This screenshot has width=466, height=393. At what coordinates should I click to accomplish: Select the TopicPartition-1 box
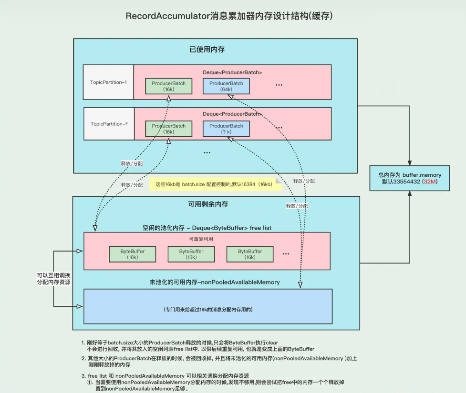(x=108, y=82)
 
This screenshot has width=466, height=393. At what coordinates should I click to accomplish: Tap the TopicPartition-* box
(x=109, y=124)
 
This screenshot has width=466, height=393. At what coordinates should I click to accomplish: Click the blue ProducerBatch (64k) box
(x=226, y=86)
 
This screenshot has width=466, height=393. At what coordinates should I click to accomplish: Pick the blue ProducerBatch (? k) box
(x=226, y=129)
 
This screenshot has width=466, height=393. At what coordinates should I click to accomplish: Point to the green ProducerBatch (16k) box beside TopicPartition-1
(x=168, y=86)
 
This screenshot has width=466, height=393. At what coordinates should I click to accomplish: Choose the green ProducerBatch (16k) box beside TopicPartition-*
(x=168, y=129)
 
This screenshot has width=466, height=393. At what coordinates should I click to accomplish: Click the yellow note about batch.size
(x=215, y=184)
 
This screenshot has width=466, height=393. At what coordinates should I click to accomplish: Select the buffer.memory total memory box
(x=410, y=179)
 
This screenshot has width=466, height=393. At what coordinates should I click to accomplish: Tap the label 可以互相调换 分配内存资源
(x=52, y=279)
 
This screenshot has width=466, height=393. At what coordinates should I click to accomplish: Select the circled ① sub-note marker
(x=89, y=383)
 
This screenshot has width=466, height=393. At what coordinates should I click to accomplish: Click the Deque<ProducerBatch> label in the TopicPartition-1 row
(x=232, y=72)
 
